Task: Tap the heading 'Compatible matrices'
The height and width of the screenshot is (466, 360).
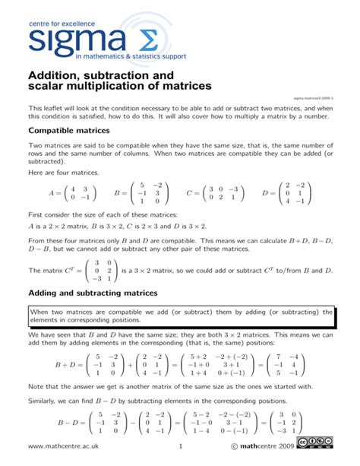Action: pos(69,130)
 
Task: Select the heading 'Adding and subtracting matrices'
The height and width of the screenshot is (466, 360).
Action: pos(103,293)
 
